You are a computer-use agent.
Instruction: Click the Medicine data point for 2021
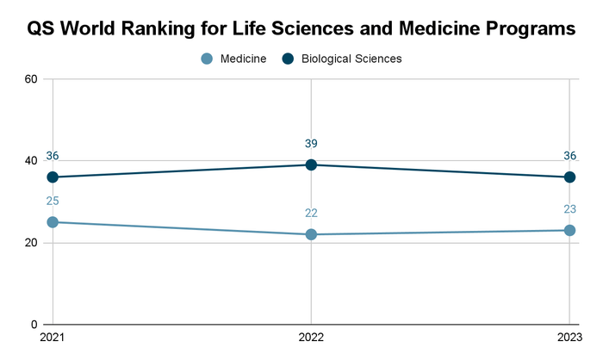tap(53, 222)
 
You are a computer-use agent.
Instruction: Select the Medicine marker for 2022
tap(311, 234)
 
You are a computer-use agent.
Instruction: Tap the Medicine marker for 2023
tap(569, 230)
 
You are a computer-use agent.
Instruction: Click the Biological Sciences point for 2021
tap(53, 177)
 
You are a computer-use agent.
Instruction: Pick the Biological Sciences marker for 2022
tap(311, 164)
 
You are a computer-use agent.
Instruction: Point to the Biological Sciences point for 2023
tap(569, 177)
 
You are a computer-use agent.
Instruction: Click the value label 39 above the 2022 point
tap(311, 143)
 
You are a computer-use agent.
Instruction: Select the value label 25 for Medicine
tap(53, 201)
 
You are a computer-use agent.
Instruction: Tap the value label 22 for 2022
tap(311, 213)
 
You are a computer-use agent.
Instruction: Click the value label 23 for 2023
tap(569, 208)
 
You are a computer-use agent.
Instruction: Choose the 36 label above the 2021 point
tap(53, 156)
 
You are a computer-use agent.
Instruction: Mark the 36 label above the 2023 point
tap(569, 156)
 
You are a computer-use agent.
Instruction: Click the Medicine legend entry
tap(233, 59)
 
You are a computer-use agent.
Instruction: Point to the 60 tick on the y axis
tap(31, 79)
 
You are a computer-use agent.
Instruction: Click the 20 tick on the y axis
tap(31, 243)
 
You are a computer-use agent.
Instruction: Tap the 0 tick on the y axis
tap(34, 325)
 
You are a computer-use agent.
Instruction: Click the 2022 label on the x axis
tap(311, 338)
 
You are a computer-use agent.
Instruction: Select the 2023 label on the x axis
tap(569, 338)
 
